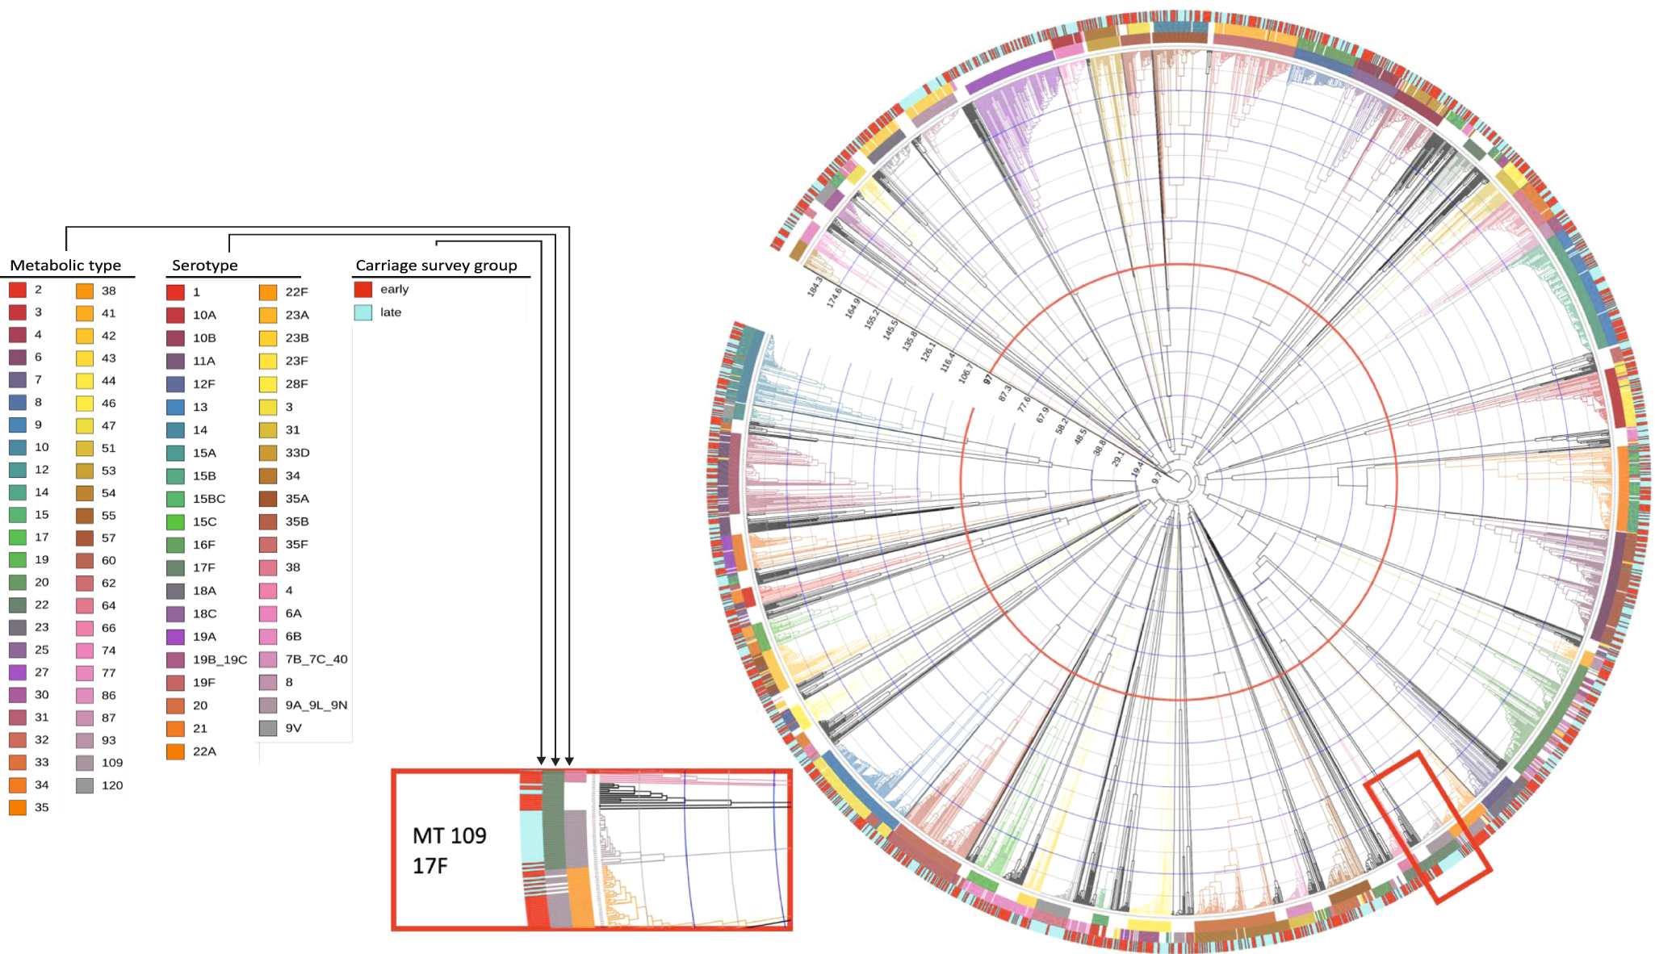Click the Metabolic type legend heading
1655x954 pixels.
pyautogui.click(x=65, y=266)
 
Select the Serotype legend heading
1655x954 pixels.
pyautogui.click(x=205, y=266)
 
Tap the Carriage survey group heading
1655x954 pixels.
pyautogui.click(x=436, y=266)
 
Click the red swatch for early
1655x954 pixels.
pyautogui.click(x=363, y=289)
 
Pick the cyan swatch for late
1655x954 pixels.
pyautogui.click(x=363, y=312)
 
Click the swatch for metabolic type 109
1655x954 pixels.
pyautogui.click(x=85, y=763)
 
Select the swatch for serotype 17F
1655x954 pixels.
pyautogui.click(x=175, y=568)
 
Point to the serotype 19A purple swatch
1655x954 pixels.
pyautogui.click(x=175, y=637)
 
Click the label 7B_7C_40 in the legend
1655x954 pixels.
pyautogui.click(x=316, y=659)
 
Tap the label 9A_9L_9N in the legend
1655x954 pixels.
pyautogui.click(x=316, y=705)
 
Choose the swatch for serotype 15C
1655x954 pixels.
pyautogui.click(x=175, y=522)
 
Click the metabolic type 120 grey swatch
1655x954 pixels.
pyautogui.click(x=85, y=785)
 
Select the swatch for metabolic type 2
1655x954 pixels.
pyautogui.click(x=18, y=290)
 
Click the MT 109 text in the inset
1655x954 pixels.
pyautogui.click(x=450, y=835)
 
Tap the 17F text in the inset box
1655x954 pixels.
pyautogui.click(x=430, y=866)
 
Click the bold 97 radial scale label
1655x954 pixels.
pyautogui.click(x=987, y=379)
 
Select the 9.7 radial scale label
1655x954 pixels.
pyautogui.click(x=1156, y=478)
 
